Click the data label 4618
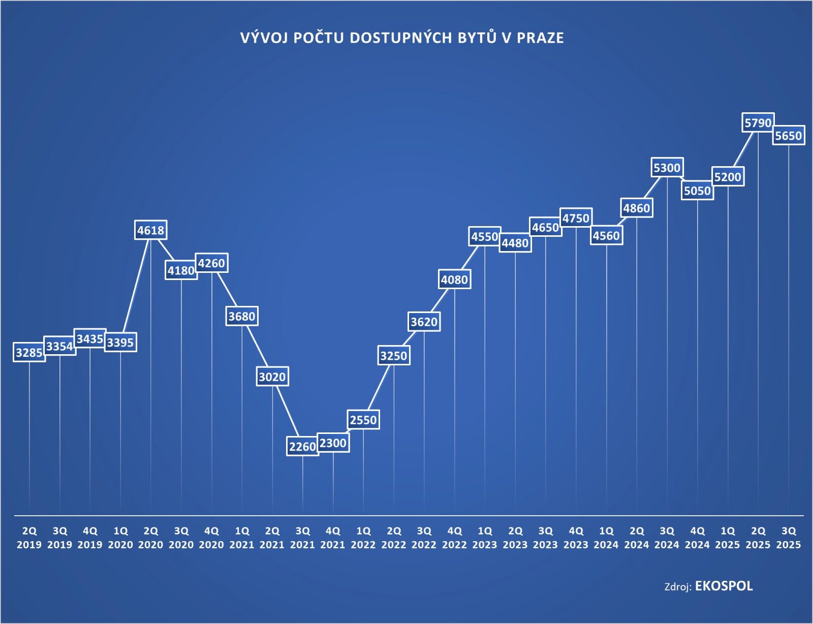point(151,230)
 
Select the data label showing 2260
point(302,447)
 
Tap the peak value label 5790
point(758,122)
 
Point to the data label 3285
point(29,352)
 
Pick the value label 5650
point(789,136)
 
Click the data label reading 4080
point(454,279)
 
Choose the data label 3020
point(272,377)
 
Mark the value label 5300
point(667,168)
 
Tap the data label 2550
point(363,420)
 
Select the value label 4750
point(576,218)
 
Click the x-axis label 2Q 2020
point(151,538)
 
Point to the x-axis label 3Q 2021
point(302,538)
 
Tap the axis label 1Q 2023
point(485,538)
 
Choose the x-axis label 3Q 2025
point(789,538)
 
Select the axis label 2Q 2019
point(29,538)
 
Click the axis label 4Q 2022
point(454,538)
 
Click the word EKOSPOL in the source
point(724,586)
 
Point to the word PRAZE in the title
point(540,38)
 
